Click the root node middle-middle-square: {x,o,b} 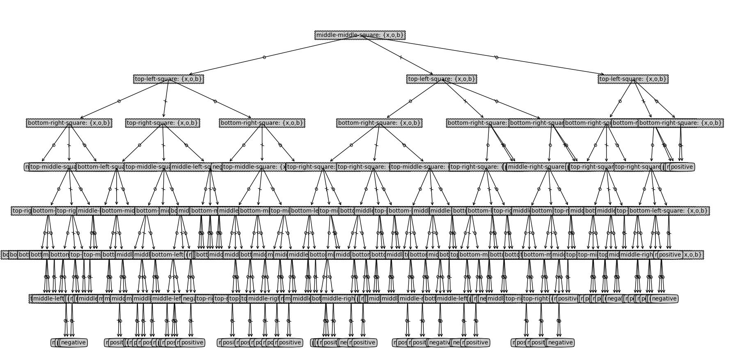click(x=360, y=35)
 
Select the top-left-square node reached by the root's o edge click(x=168, y=79)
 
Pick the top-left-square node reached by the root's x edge click(x=442, y=79)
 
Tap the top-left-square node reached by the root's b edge click(x=633, y=79)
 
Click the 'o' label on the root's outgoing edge click(x=264, y=57)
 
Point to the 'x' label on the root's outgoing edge click(x=401, y=57)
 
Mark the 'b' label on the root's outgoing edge click(x=497, y=57)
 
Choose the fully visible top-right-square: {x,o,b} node click(x=163, y=123)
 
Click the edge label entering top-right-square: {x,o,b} click(x=165, y=101)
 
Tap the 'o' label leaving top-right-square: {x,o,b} click(x=140, y=145)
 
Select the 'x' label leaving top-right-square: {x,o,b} click(x=163, y=145)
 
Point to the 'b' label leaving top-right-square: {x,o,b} click(x=186, y=145)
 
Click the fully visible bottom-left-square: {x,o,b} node click(x=669, y=211)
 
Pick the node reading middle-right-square click(x=536, y=167)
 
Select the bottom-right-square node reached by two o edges click(x=69, y=123)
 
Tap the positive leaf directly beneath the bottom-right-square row click(x=681, y=167)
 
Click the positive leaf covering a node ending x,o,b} click(x=670, y=255)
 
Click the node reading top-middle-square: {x click(x=254, y=167)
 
